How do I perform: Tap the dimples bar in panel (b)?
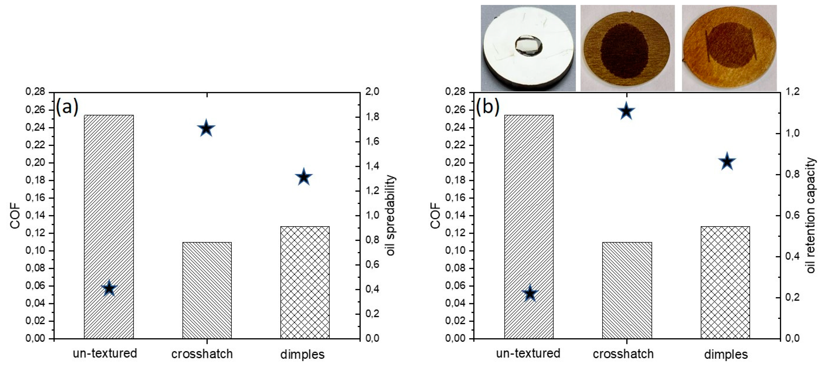(x=725, y=283)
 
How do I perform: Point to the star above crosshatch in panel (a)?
(x=206, y=129)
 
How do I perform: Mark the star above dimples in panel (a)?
(x=303, y=177)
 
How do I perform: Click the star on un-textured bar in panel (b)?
(x=530, y=293)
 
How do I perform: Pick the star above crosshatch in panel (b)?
(x=626, y=111)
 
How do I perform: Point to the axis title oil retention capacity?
(x=811, y=216)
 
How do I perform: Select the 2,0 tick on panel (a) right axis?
(x=372, y=92)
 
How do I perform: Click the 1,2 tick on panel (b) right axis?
(x=792, y=92)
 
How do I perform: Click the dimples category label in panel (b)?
(x=726, y=354)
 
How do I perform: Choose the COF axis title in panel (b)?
(x=435, y=216)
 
